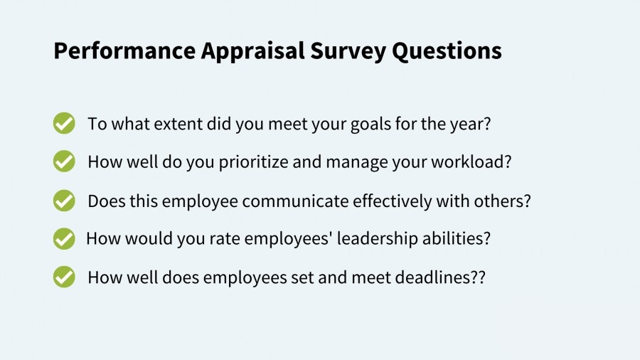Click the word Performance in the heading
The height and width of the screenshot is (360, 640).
click(x=124, y=51)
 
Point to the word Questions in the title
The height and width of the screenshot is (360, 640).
click(x=447, y=51)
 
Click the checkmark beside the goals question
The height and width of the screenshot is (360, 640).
click(x=64, y=123)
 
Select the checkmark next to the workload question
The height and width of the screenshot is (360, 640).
click(x=64, y=162)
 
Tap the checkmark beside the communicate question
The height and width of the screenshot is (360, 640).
click(x=64, y=201)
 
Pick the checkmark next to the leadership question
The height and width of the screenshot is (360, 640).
click(x=64, y=238)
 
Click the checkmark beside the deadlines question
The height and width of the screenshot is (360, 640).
click(x=64, y=277)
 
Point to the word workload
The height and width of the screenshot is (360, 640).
click(x=467, y=162)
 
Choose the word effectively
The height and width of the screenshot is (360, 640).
click(x=392, y=201)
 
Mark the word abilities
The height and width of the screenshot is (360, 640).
click(x=452, y=238)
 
